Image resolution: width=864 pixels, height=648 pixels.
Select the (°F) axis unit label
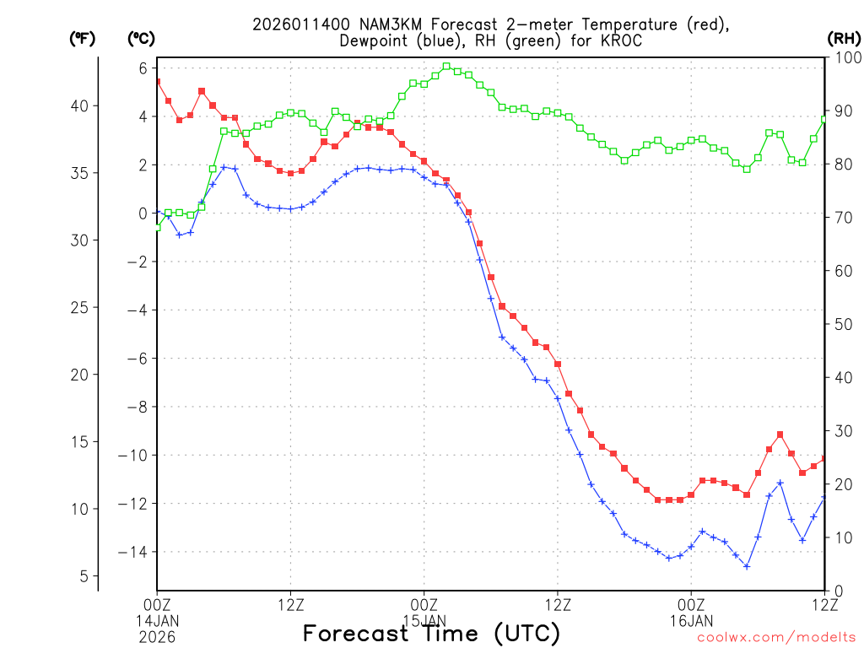coord(82,39)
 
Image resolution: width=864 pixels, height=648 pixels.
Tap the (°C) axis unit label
coord(140,39)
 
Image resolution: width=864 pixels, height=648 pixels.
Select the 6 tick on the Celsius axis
coord(143,68)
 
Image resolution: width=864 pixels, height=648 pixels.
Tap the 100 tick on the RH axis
coord(844,57)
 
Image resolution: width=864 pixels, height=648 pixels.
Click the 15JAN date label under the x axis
coord(424,619)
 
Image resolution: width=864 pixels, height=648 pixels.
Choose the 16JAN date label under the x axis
coord(691,619)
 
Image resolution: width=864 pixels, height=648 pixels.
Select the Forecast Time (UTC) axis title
coord(431,633)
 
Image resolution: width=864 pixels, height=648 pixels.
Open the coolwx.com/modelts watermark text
coord(776,638)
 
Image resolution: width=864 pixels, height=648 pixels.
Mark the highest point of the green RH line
coord(446,66)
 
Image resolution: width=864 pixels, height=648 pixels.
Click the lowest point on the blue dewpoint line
coord(747,566)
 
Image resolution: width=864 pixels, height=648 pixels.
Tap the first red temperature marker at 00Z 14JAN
coord(157,82)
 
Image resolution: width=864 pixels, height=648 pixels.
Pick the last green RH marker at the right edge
coord(824,119)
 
